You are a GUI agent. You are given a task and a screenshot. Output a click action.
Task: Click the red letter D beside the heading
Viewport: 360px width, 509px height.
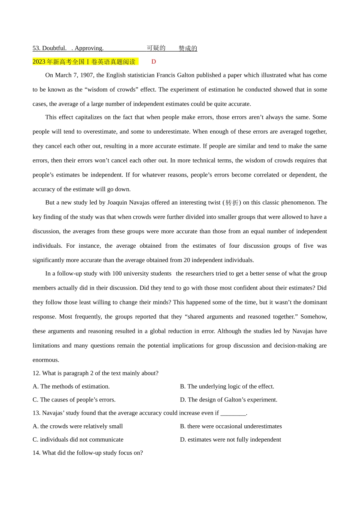[153, 62]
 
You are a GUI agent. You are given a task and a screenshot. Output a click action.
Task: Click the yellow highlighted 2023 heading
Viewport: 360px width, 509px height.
[84, 62]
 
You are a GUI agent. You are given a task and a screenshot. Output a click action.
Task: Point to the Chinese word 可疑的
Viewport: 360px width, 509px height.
[156, 48]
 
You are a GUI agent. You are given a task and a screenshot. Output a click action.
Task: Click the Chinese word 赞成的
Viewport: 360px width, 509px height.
[188, 48]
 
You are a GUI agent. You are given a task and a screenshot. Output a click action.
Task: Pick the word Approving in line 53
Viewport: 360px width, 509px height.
[89, 48]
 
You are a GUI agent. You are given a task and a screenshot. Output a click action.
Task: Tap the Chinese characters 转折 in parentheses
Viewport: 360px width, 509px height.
[232, 203]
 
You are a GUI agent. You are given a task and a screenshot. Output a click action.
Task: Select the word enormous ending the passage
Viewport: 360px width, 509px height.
[45, 360]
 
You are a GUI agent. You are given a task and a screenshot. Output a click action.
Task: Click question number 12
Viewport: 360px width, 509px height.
[36, 373]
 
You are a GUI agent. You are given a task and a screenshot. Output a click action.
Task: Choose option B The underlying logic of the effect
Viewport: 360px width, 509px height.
[227, 386]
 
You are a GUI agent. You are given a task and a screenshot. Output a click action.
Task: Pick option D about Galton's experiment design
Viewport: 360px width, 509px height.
[229, 400]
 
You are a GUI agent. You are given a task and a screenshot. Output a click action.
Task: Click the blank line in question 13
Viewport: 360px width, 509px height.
[233, 413]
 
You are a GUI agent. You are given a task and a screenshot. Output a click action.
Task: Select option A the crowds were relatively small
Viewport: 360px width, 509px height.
[78, 426]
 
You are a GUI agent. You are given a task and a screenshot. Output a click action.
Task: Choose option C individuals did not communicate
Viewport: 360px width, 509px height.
[78, 439]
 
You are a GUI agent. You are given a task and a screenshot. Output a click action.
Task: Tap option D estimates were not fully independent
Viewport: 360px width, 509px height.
[230, 439]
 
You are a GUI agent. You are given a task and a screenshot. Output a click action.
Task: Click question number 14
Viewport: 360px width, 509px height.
[36, 453]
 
